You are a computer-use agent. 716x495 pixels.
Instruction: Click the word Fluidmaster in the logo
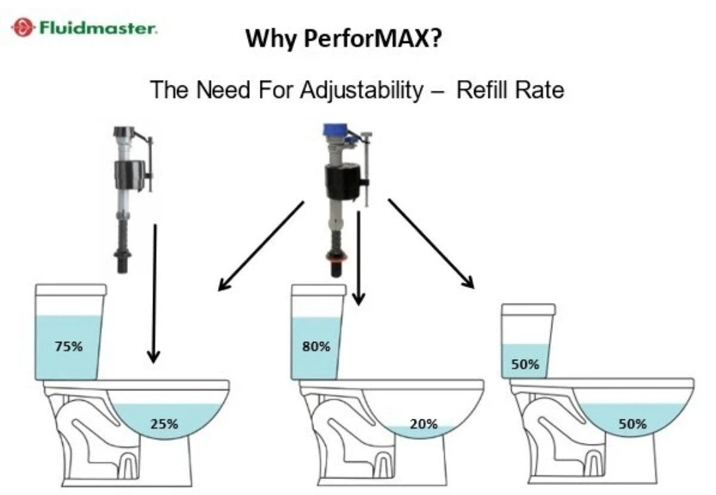click(97, 28)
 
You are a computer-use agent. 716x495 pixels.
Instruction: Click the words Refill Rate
click(510, 89)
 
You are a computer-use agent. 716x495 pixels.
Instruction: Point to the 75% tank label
click(68, 346)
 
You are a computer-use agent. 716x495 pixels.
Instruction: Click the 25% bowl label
click(164, 424)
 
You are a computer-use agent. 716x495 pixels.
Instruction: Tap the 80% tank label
click(316, 346)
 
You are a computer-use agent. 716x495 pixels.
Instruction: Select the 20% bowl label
click(424, 424)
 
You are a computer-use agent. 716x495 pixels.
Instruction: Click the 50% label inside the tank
click(525, 364)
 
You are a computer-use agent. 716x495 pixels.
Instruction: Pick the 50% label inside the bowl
click(632, 424)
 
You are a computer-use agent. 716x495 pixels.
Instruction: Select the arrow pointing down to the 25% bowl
click(154, 294)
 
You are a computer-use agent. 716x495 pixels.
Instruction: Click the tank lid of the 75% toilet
click(70, 290)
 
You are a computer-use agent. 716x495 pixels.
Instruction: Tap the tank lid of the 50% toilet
click(528, 309)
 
